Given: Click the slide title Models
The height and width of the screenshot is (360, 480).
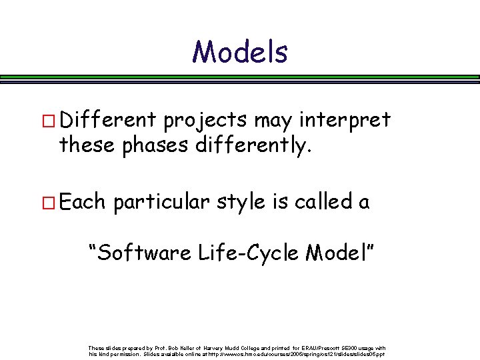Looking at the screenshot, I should [240, 52].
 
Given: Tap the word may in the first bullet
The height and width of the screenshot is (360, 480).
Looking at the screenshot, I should [269, 121].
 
